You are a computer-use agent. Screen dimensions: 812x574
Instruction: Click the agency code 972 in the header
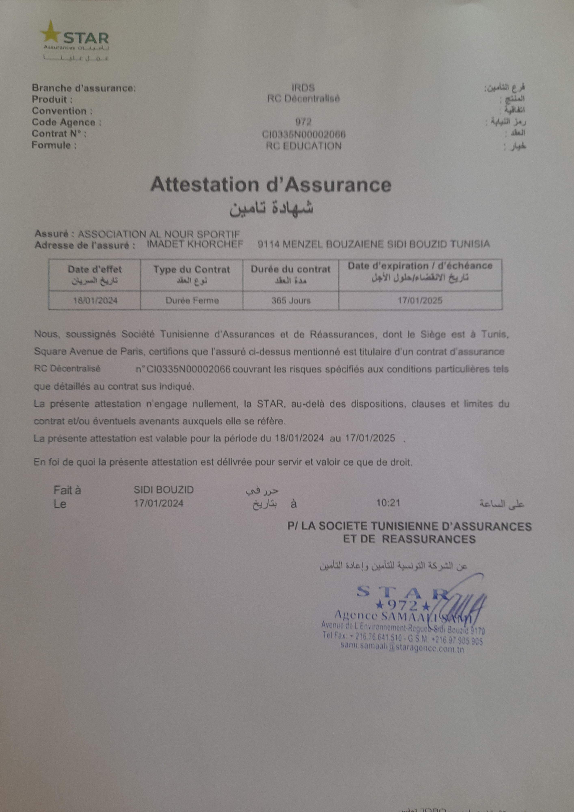pyautogui.click(x=303, y=122)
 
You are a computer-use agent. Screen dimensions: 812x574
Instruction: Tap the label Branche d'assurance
pyautogui.click(x=84, y=88)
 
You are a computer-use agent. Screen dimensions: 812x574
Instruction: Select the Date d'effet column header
pyautogui.click(x=95, y=270)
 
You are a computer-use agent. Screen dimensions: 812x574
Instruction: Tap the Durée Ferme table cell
pyautogui.click(x=192, y=301)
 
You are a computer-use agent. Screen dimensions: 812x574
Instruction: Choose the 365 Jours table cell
pyautogui.click(x=291, y=301)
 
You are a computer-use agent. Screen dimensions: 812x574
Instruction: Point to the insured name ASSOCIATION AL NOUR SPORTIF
pyautogui.click(x=159, y=234)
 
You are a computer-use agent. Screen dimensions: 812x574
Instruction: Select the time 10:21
pyautogui.click(x=388, y=503)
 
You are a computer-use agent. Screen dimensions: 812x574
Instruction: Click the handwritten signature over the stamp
pyautogui.click(x=467, y=601)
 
